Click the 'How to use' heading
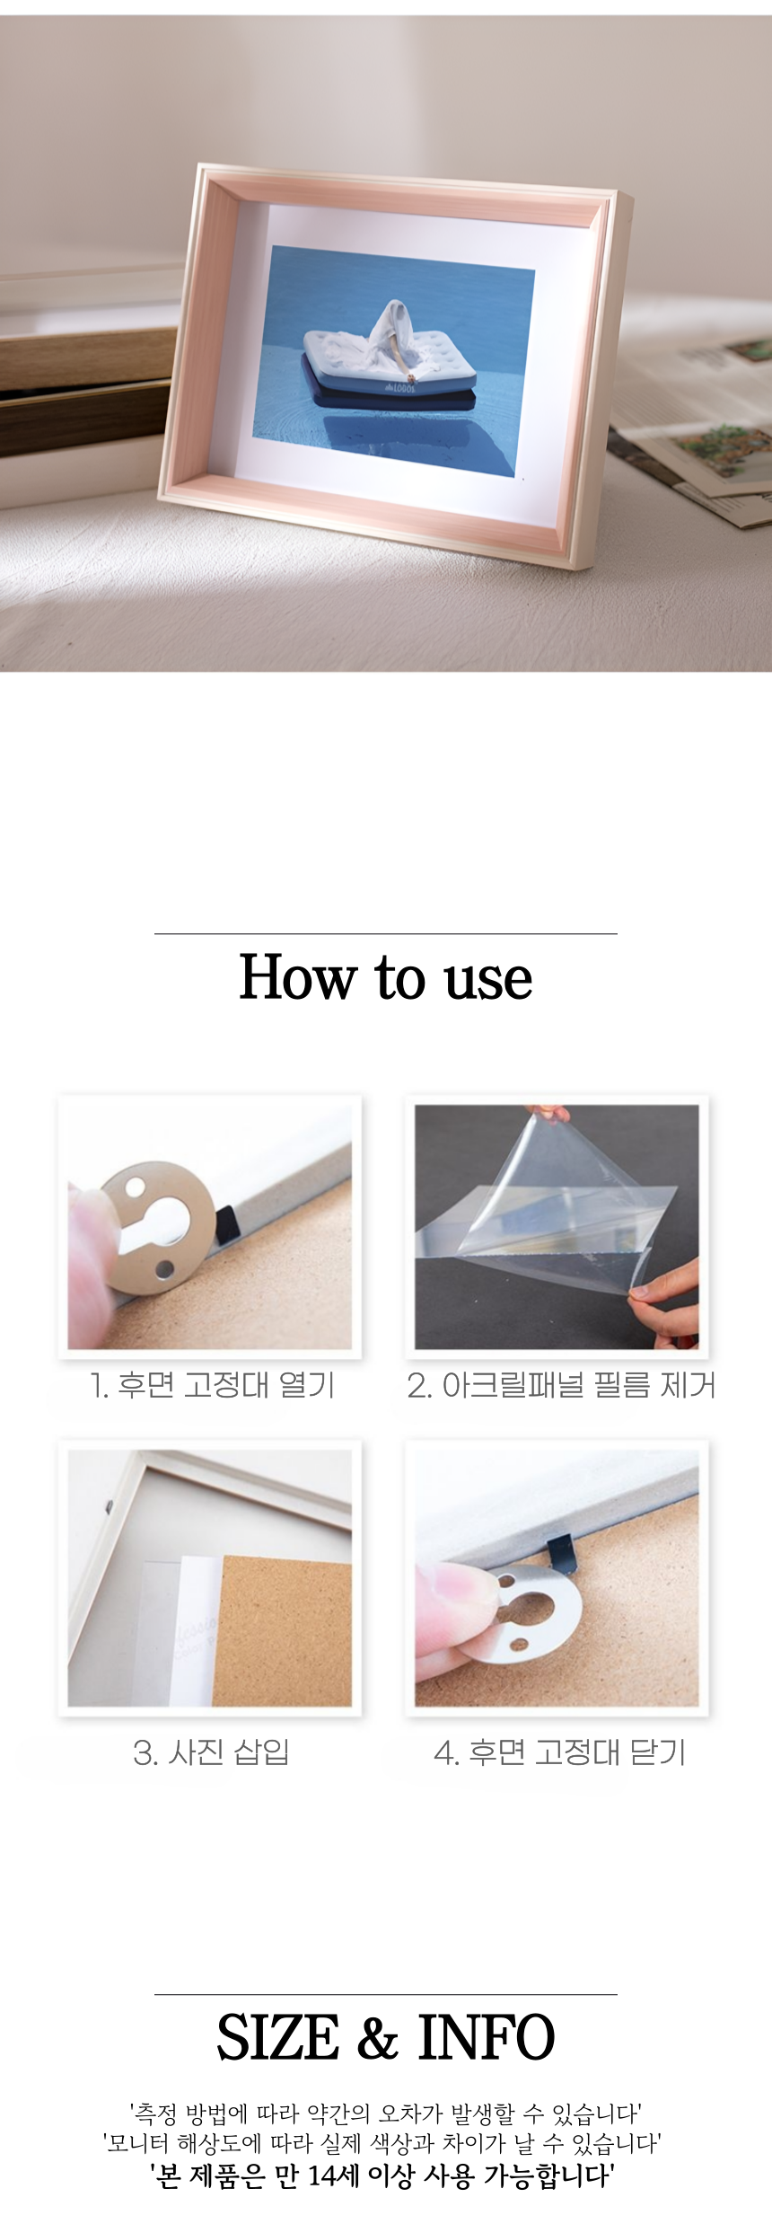pos(386,977)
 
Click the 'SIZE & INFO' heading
pos(386,2037)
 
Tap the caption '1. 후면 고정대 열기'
pos(212,1385)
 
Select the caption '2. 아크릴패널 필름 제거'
pos(561,1385)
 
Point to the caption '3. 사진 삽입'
pos(211,1752)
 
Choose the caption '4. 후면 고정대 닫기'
pos(559,1752)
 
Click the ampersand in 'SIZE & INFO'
pos(379,2037)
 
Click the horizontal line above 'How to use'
pos(386,934)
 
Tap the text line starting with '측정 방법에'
pos(386,2114)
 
